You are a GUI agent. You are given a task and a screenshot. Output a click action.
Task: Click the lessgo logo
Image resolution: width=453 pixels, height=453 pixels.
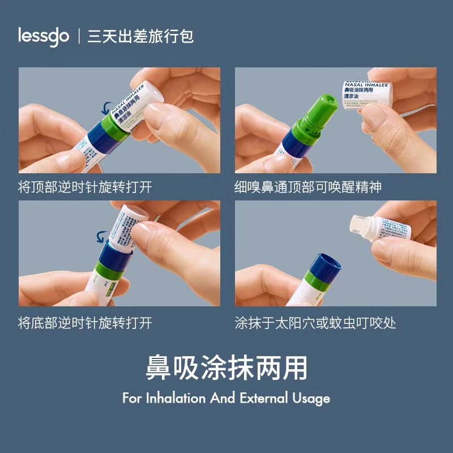pyautogui.click(x=44, y=37)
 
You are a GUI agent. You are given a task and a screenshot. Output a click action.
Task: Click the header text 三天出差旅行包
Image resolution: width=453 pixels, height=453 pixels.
pyautogui.click(x=140, y=37)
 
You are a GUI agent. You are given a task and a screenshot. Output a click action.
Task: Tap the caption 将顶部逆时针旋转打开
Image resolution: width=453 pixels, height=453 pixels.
pyautogui.click(x=86, y=187)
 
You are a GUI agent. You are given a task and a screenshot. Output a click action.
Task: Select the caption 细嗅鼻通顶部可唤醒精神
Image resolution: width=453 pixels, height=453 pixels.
pyautogui.click(x=308, y=187)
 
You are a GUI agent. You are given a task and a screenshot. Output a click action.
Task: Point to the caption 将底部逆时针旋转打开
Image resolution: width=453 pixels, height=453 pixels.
pyautogui.click(x=86, y=323)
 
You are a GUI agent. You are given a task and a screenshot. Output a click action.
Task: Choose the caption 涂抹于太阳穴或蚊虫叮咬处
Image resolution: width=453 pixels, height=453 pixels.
pyautogui.click(x=315, y=323)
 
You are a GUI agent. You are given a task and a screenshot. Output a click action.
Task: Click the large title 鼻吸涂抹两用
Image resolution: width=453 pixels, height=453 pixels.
pyautogui.click(x=226, y=369)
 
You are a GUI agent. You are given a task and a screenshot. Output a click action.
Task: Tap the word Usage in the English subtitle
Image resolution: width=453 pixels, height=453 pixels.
pyautogui.click(x=310, y=398)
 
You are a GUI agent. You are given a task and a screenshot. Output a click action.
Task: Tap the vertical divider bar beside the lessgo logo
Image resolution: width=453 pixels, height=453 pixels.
pyautogui.click(x=78, y=37)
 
